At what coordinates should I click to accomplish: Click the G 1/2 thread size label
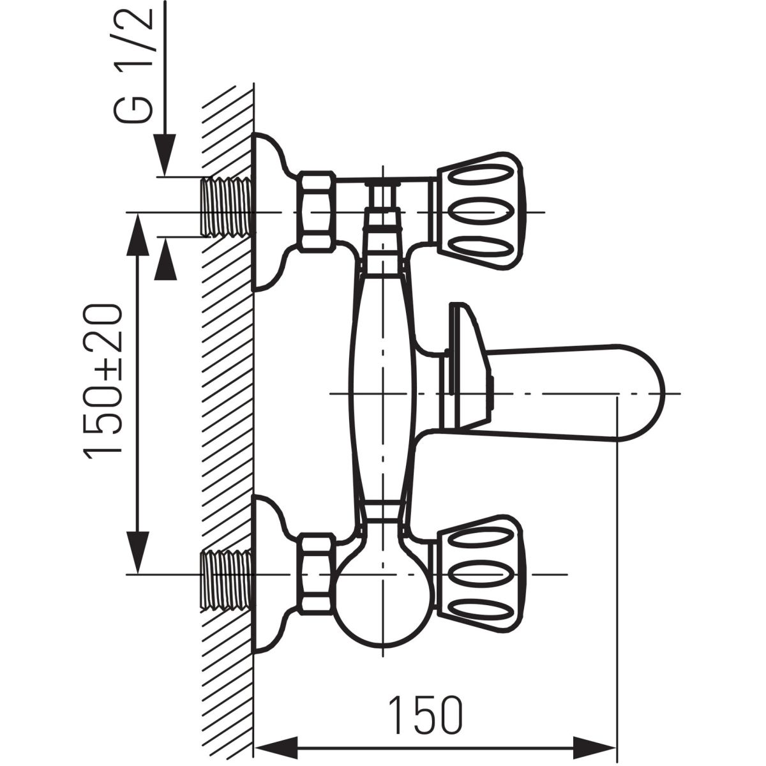point(133,65)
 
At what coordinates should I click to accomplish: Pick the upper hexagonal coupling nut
point(317,211)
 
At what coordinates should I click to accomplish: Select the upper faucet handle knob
point(479,212)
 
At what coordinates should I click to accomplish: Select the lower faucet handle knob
point(479,574)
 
